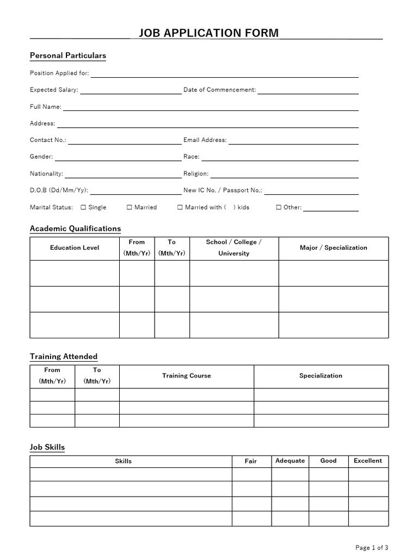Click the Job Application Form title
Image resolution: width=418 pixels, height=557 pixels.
(x=208, y=33)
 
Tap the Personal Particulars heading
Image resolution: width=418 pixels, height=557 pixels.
(x=67, y=55)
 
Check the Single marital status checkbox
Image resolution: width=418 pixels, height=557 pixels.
(x=83, y=207)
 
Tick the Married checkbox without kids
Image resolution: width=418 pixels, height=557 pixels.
(x=130, y=207)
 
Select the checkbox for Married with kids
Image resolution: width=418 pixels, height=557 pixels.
(x=180, y=207)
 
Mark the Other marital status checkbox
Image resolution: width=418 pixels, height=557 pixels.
(x=279, y=207)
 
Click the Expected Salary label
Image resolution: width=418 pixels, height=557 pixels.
(x=54, y=90)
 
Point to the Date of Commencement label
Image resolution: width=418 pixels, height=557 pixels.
(x=219, y=90)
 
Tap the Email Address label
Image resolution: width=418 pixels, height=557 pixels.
(x=205, y=140)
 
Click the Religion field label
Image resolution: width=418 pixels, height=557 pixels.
(x=196, y=174)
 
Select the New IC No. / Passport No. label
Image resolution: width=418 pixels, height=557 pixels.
(x=223, y=190)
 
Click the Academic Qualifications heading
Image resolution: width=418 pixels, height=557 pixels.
(x=75, y=228)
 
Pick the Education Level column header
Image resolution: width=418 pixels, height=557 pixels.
(x=75, y=247)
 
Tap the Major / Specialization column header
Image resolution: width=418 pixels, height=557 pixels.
(x=333, y=247)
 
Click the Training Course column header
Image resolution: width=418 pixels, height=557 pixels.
(x=186, y=375)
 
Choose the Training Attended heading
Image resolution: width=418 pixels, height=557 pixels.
(x=63, y=357)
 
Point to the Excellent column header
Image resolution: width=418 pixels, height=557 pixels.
(x=368, y=461)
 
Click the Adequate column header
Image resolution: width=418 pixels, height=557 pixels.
(x=290, y=461)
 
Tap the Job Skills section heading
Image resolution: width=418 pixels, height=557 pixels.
(x=47, y=447)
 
